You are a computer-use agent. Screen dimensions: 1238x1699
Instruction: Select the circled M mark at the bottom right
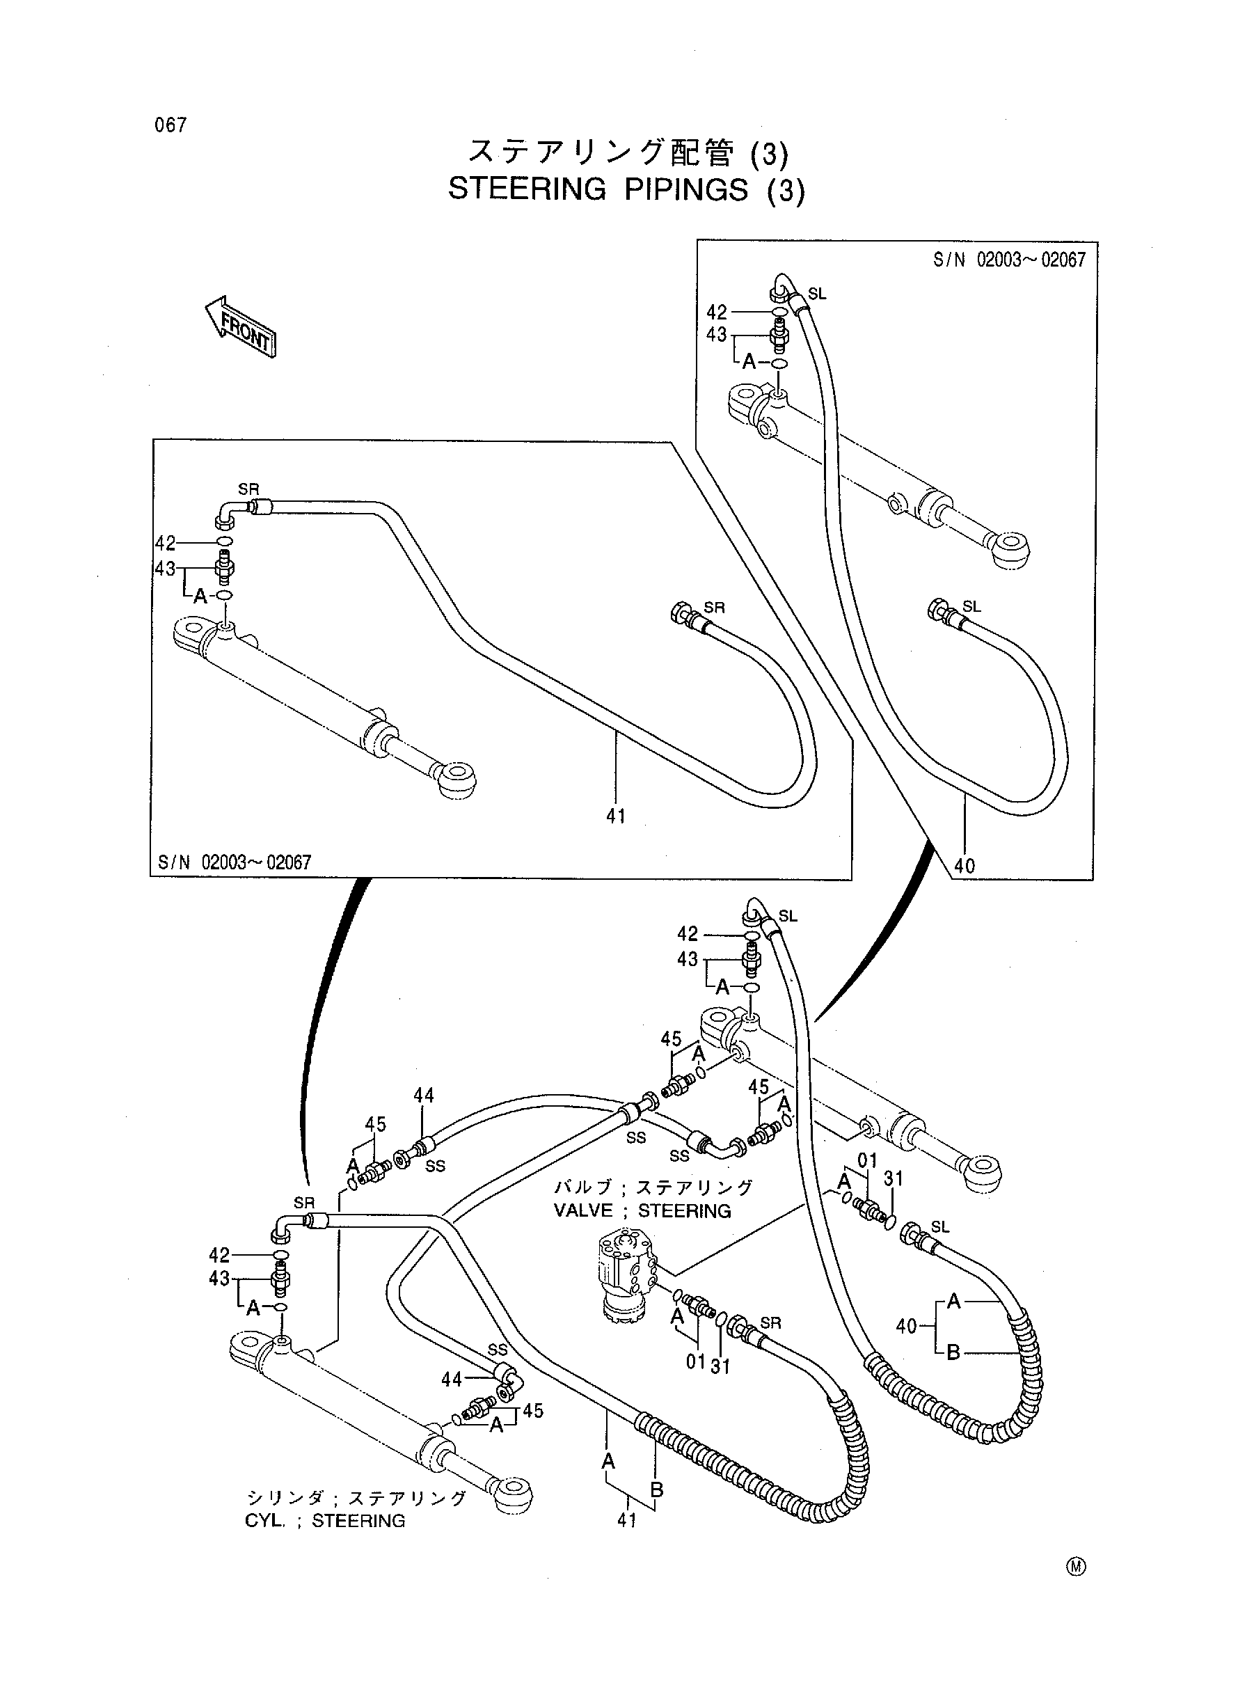coord(1077,1565)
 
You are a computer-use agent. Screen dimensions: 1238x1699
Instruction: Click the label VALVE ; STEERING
coord(642,1211)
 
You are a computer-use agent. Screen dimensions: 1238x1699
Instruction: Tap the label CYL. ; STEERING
coord(325,1521)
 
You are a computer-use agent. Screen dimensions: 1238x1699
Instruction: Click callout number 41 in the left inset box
coord(616,816)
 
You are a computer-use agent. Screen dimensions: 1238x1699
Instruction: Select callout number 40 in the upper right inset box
coord(965,866)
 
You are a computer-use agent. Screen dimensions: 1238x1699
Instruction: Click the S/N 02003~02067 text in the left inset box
coord(235,862)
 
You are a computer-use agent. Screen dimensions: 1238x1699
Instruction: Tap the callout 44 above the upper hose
coord(423,1095)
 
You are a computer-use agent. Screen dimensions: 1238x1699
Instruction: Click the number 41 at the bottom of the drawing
coord(626,1520)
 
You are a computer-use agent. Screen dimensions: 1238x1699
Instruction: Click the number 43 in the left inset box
coord(165,569)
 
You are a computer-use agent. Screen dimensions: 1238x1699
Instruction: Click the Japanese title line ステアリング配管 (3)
coord(628,152)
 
